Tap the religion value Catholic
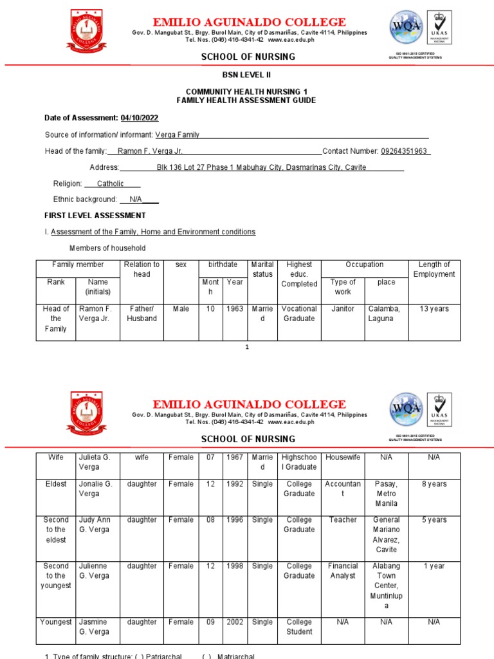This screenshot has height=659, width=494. [110, 183]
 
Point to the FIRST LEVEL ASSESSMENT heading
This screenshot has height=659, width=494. [95, 216]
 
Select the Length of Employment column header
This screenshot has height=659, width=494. [434, 269]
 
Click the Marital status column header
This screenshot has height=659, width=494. [262, 269]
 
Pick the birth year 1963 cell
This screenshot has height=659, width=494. [235, 309]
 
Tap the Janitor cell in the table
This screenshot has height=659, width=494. [342, 309]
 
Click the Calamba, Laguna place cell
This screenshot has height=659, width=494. [384, 313]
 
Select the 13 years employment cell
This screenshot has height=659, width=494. [434, 309]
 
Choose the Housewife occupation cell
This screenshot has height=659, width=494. [342, 458]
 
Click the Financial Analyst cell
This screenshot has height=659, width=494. [342, 571]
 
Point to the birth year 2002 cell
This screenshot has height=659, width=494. [235, 622]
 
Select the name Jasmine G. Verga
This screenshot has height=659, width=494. [95, 627]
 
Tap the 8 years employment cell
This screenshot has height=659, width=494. [434, 484]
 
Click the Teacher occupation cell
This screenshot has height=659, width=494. [342, 520]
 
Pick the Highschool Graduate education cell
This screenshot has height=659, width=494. [299, 462]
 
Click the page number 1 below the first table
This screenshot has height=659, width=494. [246, 348]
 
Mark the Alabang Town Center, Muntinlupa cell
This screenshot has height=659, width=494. [386, 586]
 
